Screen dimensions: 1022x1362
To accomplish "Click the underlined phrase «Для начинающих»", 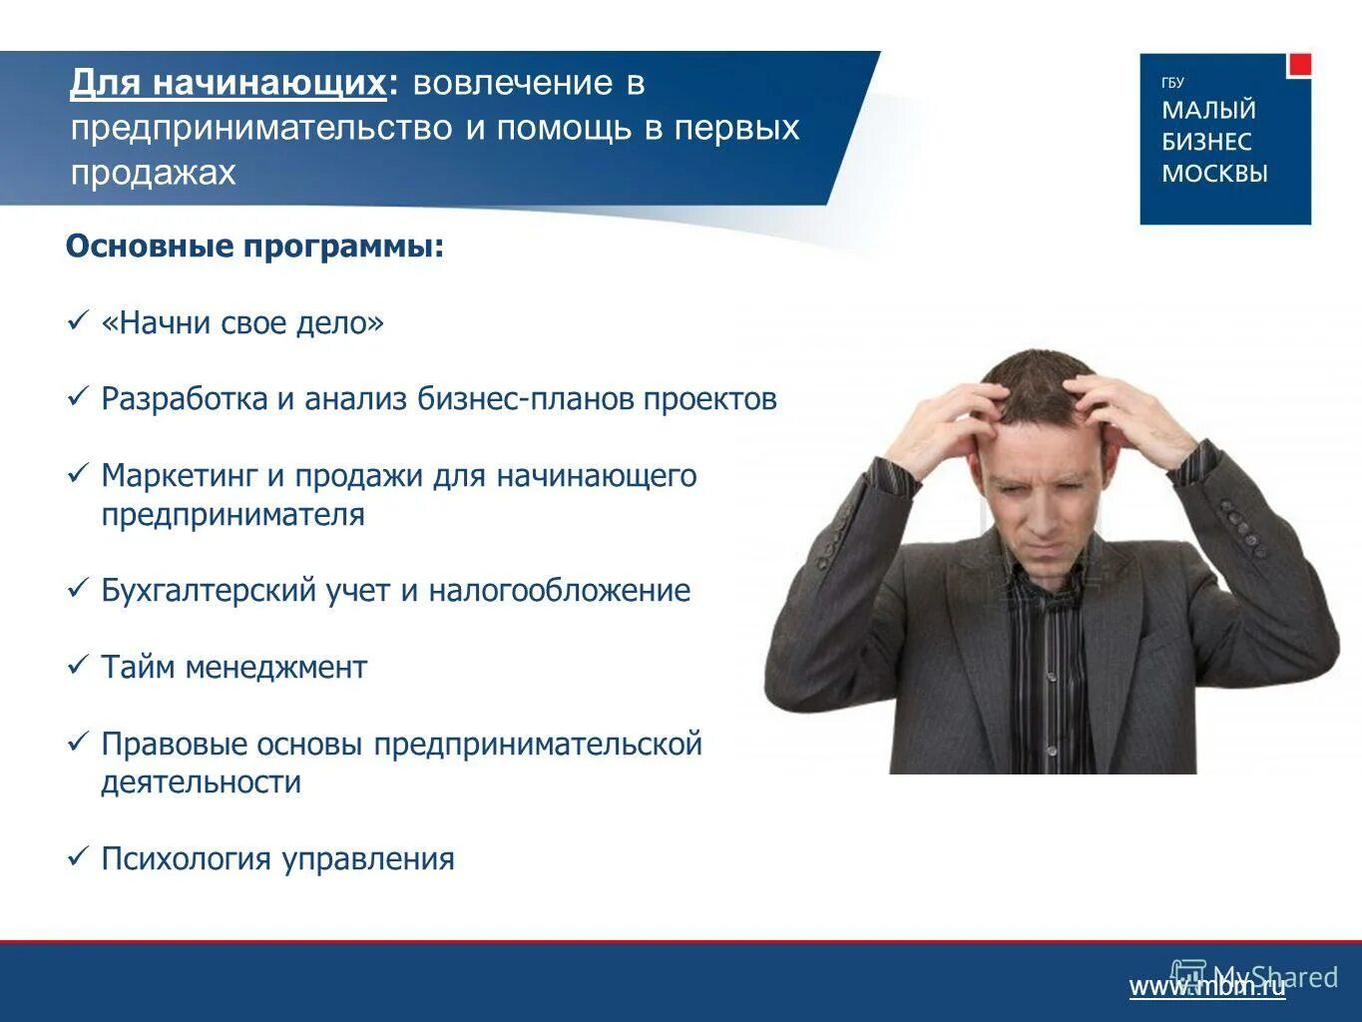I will tap(227, 83).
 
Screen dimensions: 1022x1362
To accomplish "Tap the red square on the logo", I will tap(1298, 65).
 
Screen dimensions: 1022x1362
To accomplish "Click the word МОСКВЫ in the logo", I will tap(1214, 174).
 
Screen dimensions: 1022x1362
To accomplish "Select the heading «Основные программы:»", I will tap(254, 246).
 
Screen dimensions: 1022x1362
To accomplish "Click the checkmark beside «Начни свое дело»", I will tap(78, 321).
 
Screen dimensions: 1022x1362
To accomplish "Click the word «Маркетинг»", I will tap(180, 476).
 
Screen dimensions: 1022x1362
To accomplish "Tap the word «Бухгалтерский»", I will tap(210, 590).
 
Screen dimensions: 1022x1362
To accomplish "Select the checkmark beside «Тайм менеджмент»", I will tap(78, 665).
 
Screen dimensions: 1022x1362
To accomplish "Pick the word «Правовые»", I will tap(174, 744).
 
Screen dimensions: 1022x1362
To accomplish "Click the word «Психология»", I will tap(187, 859).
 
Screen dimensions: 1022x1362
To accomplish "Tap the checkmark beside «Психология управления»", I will tap(78, 856).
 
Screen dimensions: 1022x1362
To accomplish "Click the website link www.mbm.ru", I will tap(1206, 987).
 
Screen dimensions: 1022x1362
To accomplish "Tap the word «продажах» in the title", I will tap(153, 173).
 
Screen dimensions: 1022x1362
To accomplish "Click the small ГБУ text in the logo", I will tap(1172, 83).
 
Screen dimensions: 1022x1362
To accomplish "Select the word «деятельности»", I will tap(201, 781).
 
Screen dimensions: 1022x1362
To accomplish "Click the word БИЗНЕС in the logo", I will tap(1205, 142).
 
